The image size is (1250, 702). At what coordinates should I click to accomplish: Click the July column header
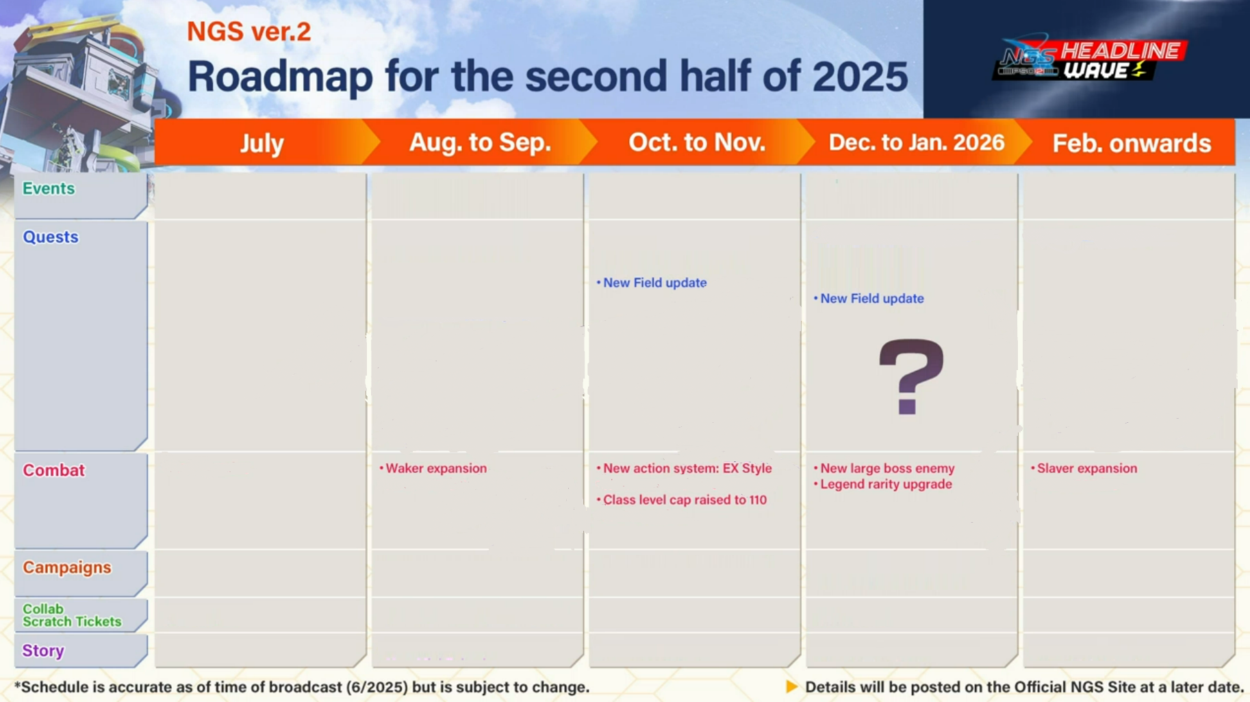coord(262,143)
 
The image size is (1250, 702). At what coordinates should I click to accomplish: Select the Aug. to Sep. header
coord(480,142)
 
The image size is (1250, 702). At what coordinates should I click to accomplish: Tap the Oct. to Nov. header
coord(697,142)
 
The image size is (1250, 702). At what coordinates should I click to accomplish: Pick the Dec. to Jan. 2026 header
coord(917,142)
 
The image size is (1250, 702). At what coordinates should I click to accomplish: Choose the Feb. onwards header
coord(1132,143)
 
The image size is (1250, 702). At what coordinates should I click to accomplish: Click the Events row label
coord(49,188)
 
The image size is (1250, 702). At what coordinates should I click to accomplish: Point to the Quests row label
coord(51,237)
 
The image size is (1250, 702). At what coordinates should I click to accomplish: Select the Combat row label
coord(53,470)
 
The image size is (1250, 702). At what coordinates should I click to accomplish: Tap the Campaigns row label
coord(67,567)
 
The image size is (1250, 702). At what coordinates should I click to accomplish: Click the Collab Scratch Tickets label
coord(72,615)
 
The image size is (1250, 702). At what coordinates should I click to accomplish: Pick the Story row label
coord(43,651)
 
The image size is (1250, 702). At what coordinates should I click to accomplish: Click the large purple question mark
coord(911,376)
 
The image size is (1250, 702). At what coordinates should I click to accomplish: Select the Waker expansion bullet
coord(433,469)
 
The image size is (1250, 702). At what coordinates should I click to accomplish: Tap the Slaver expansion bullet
coord(1084,469)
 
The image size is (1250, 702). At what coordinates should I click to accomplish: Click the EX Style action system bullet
coord(684,469)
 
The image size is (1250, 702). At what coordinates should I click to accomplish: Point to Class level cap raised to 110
coord(681,500)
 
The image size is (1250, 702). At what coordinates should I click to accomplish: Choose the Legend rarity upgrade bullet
coord(882,484)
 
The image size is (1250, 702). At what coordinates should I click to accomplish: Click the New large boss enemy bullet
coord(884,469)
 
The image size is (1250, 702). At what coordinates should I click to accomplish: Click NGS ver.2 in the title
coord(249,31)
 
